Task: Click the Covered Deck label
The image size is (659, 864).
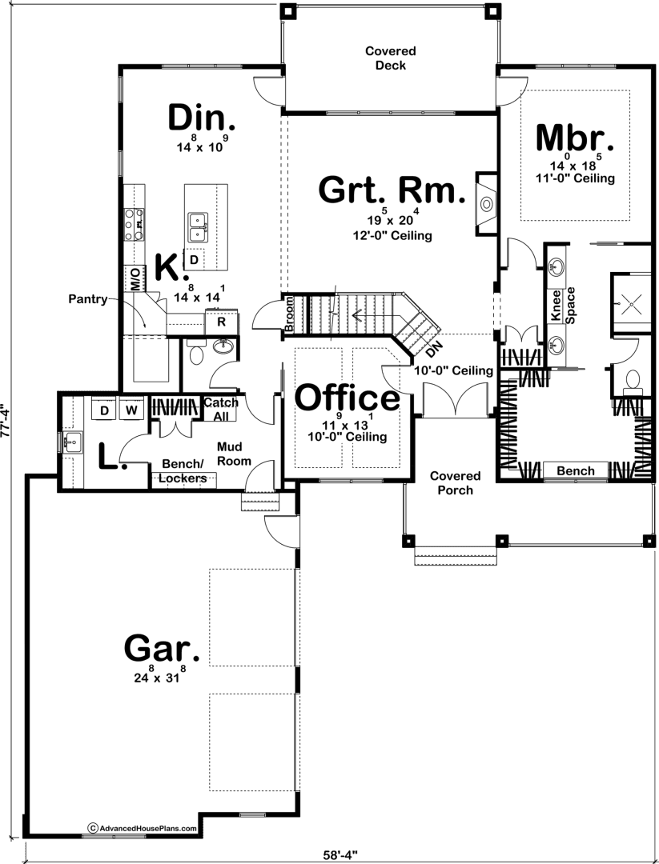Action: click(x=391, y=58)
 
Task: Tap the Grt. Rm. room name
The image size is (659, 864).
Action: click(x=392, y=190)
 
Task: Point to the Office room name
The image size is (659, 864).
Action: click(x=348, y=398)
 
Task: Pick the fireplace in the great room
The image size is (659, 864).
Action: click(x=486, y=204)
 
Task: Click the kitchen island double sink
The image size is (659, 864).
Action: click(x=195, y=227)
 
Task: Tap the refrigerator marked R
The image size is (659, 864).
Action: click(x=221, y=322)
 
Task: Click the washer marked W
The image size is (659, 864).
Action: click(x=131, y=410)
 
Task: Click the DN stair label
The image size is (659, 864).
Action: click(x=434, y=350)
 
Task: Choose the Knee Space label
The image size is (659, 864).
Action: click(x=563, y=305)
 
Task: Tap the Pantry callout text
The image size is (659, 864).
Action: click(x=88, y=299)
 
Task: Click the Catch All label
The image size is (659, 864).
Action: click(x=221, y=410)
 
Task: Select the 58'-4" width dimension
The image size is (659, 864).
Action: click(x=340, y=855)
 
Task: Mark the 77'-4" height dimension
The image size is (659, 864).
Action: click(x=5, y=422)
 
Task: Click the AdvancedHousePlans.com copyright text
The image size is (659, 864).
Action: click(x=143, y=828)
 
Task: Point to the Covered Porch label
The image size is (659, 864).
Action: click(x=455, y=482)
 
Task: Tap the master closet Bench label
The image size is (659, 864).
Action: click(x=576, y=471)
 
